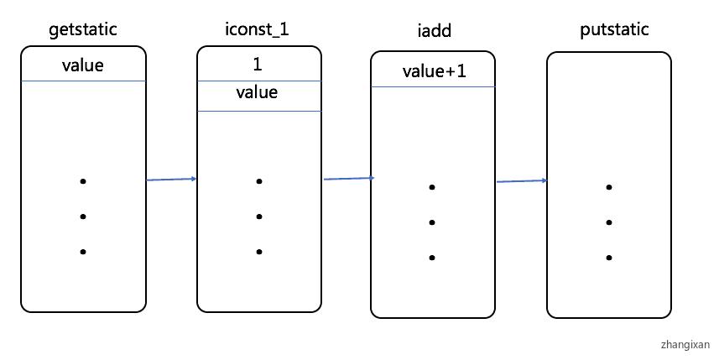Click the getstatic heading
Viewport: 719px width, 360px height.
83,30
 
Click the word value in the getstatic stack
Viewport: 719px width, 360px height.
83,65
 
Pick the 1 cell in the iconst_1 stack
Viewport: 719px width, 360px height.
258,64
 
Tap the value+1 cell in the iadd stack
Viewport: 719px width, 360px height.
434,71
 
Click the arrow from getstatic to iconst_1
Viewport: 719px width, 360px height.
171,180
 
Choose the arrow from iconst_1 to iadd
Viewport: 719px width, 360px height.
348,178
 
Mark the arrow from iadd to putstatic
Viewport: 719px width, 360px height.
521,181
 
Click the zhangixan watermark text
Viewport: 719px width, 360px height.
685,344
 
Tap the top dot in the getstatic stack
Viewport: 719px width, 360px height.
83,181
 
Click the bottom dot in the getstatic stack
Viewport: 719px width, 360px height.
83,252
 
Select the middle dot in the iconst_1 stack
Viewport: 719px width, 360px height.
259,217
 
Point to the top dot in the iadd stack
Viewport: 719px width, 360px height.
431,187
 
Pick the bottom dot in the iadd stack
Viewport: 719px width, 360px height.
431,258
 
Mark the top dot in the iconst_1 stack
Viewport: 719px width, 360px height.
259,181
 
